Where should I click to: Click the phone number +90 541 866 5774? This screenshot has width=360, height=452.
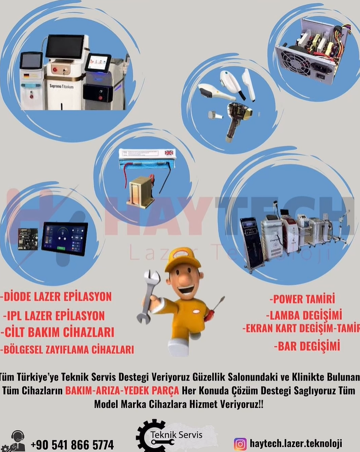(72, 444)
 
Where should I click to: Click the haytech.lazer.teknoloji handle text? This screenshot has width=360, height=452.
(296, 443)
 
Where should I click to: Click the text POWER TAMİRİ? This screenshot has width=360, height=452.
(302, 299)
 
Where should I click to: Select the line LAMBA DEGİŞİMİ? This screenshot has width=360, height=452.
(304, 315)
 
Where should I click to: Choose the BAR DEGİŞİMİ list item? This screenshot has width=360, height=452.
(307, 346)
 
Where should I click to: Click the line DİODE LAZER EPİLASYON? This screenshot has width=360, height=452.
(56, 297)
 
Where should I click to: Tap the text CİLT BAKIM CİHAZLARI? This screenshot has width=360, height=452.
(58, 332)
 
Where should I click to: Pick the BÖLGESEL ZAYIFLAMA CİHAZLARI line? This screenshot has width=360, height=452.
(67, 349)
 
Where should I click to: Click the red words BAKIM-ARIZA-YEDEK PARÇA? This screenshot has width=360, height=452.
(122, 390)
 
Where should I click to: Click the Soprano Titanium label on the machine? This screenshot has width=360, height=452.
(61, 86)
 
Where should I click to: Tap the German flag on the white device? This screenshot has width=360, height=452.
(26, 76)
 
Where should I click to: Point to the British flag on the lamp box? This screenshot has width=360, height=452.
(169, 153)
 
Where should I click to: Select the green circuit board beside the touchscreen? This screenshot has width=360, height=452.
(28, 239)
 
